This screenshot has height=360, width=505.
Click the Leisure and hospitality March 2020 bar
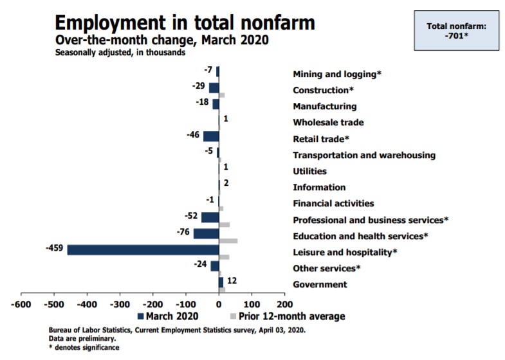(x=143, y=249)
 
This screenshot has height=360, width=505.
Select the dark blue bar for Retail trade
(x=211, y=136)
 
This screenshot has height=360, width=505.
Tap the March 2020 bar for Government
(x=221, y=282)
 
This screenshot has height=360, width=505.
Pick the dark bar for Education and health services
(x=206, y=233)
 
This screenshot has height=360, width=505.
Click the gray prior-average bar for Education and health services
(x=228, y=240)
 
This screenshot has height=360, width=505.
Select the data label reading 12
(x=232, y=280)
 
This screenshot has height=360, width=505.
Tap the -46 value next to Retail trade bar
(x=192, y=135)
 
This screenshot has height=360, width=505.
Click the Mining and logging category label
(x=337, y=74)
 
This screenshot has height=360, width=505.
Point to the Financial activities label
(x=333, y=203)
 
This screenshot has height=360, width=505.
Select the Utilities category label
(x=309, y=171)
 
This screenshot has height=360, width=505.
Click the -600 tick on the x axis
(x=21, y=303)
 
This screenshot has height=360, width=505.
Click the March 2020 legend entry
(x=167, y=316)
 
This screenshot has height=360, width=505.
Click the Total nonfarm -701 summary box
(x=456, y=30)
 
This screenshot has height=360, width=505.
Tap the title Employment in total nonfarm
(x=185, y=23)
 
